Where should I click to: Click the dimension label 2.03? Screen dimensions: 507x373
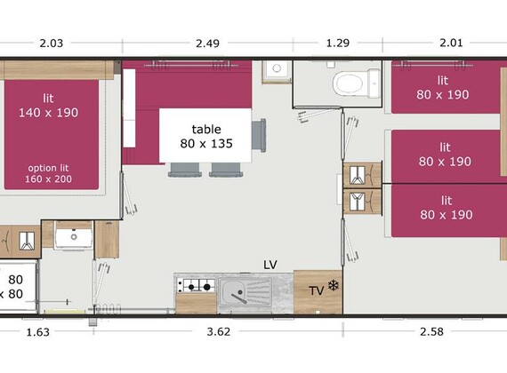51,43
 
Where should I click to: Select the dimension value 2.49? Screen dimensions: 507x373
207,43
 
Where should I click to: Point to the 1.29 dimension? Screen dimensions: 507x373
338,43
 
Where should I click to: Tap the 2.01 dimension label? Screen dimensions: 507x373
451,43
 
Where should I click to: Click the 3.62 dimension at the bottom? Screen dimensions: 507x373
219,331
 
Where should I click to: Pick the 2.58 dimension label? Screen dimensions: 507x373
431,331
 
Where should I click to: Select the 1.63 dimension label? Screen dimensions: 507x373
38,332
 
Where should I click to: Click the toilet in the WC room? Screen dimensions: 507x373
357,83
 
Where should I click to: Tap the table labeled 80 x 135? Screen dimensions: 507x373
205,136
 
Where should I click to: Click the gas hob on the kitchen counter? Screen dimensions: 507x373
196,286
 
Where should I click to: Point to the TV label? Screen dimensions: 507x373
317,291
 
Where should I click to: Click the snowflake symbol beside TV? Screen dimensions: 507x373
333,285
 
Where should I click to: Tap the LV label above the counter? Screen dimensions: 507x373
270,265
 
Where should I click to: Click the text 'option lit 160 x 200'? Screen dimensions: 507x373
49,173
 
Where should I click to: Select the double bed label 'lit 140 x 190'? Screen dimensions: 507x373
49,106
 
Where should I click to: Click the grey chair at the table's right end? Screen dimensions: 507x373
259,135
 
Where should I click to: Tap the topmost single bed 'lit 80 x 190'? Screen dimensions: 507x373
446,87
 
